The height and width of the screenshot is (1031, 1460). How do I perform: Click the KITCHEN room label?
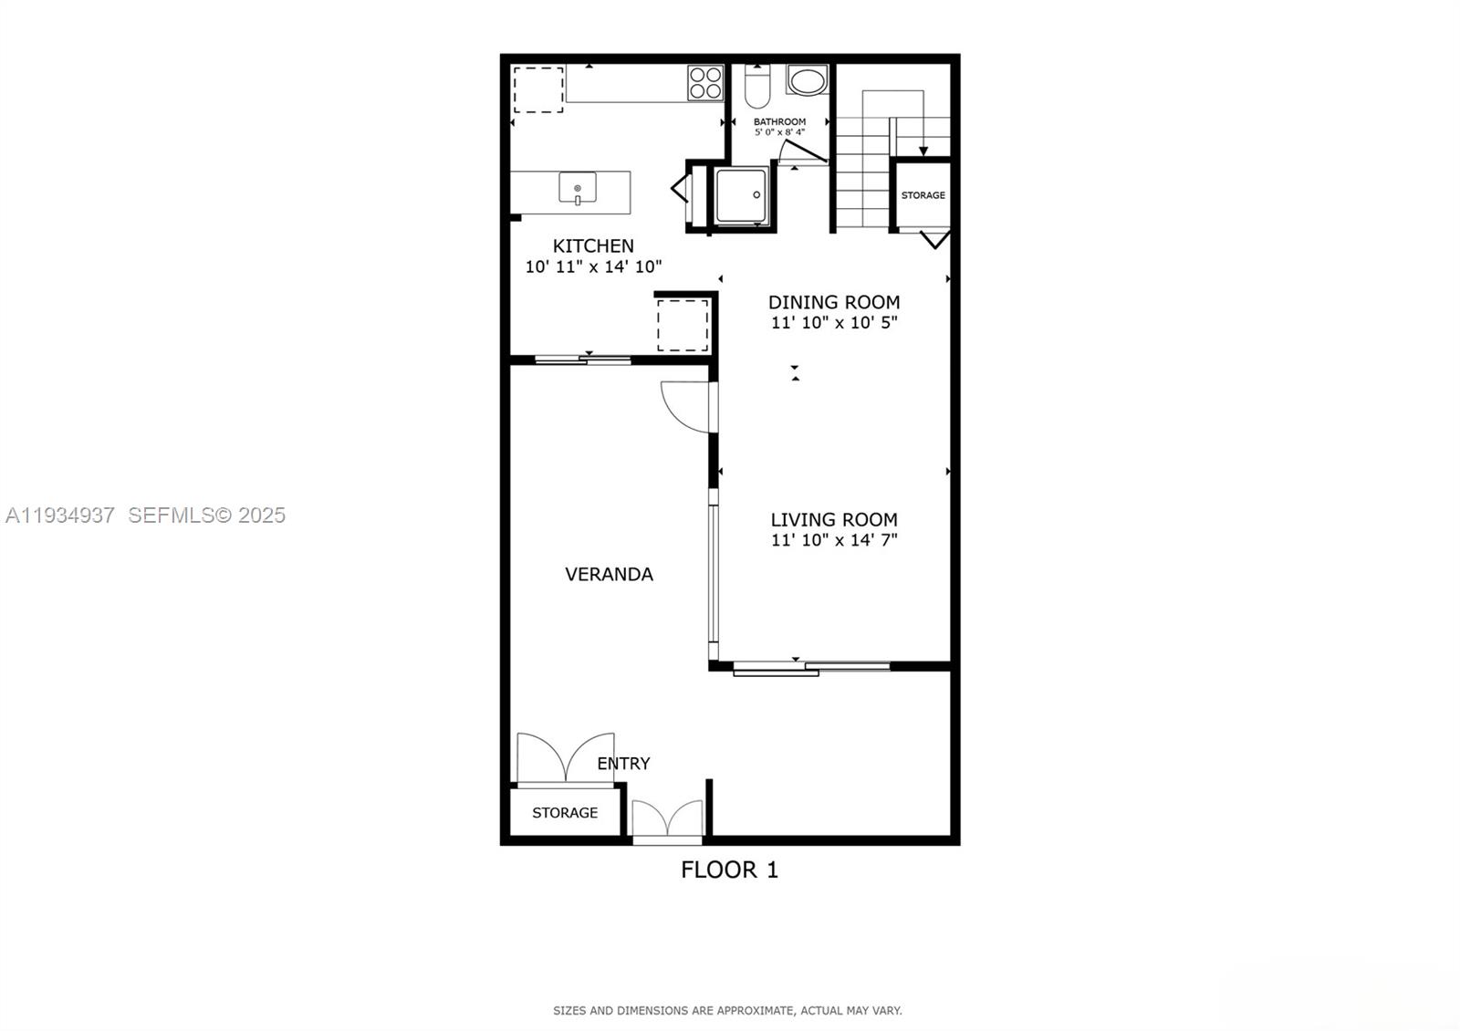(593, 245)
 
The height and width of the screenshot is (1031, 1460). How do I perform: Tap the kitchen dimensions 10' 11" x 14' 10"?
(593, 267)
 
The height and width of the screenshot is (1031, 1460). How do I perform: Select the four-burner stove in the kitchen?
(705, 83)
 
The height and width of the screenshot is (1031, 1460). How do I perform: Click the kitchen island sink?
(578, 189)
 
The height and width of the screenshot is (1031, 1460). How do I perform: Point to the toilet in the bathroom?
(757, 87)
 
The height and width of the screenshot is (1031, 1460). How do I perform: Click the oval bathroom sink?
(807, 81)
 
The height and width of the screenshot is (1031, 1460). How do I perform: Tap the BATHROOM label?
(779, 121)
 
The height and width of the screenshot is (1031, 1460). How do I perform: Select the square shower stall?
(741, 195)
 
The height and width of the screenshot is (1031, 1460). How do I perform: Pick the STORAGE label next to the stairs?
(923, 195)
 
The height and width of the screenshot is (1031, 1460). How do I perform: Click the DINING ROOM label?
(834, 302)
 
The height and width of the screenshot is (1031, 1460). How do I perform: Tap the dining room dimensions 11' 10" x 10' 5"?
(834, 323)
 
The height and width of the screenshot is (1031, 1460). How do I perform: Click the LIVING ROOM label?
(834, 519)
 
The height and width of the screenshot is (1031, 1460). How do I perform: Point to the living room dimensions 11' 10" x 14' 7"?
(834, 540)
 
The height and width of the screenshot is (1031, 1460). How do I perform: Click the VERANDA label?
(609, 574)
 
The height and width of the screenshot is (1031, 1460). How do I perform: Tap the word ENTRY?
(623, 764)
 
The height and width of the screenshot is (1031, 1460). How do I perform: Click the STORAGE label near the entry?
(565, 812)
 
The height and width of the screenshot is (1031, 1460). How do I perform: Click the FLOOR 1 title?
(729, 870)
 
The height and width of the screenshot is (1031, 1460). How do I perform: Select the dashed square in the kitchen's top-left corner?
(538, 89)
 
